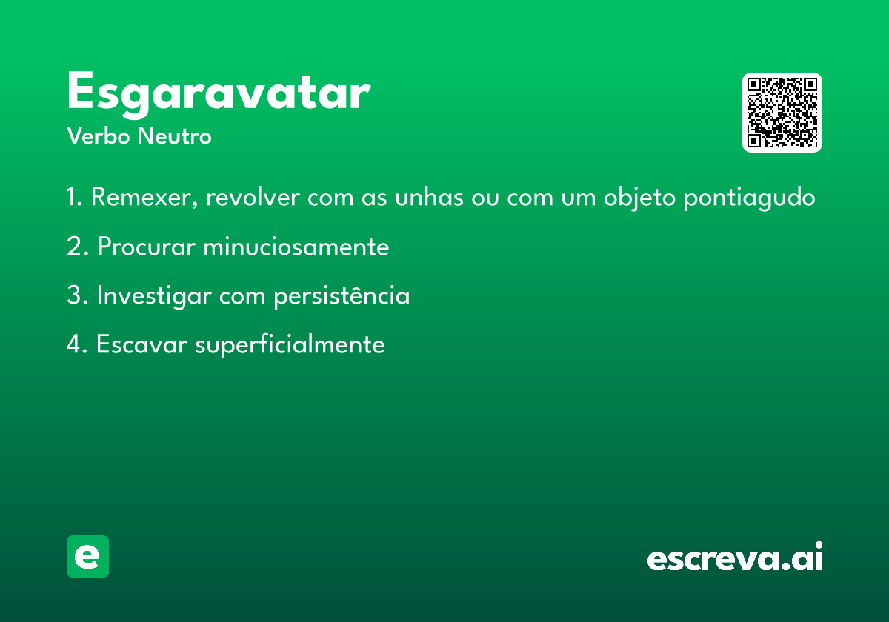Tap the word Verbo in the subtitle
99,136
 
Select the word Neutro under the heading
174,136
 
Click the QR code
782,113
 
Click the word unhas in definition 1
429,197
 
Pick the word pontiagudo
749,198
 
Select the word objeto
639,198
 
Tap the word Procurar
147,247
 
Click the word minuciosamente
296,247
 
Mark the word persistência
342,296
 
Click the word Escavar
141,344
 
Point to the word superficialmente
290,345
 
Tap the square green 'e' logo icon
87,556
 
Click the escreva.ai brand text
735,557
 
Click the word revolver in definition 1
253,197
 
